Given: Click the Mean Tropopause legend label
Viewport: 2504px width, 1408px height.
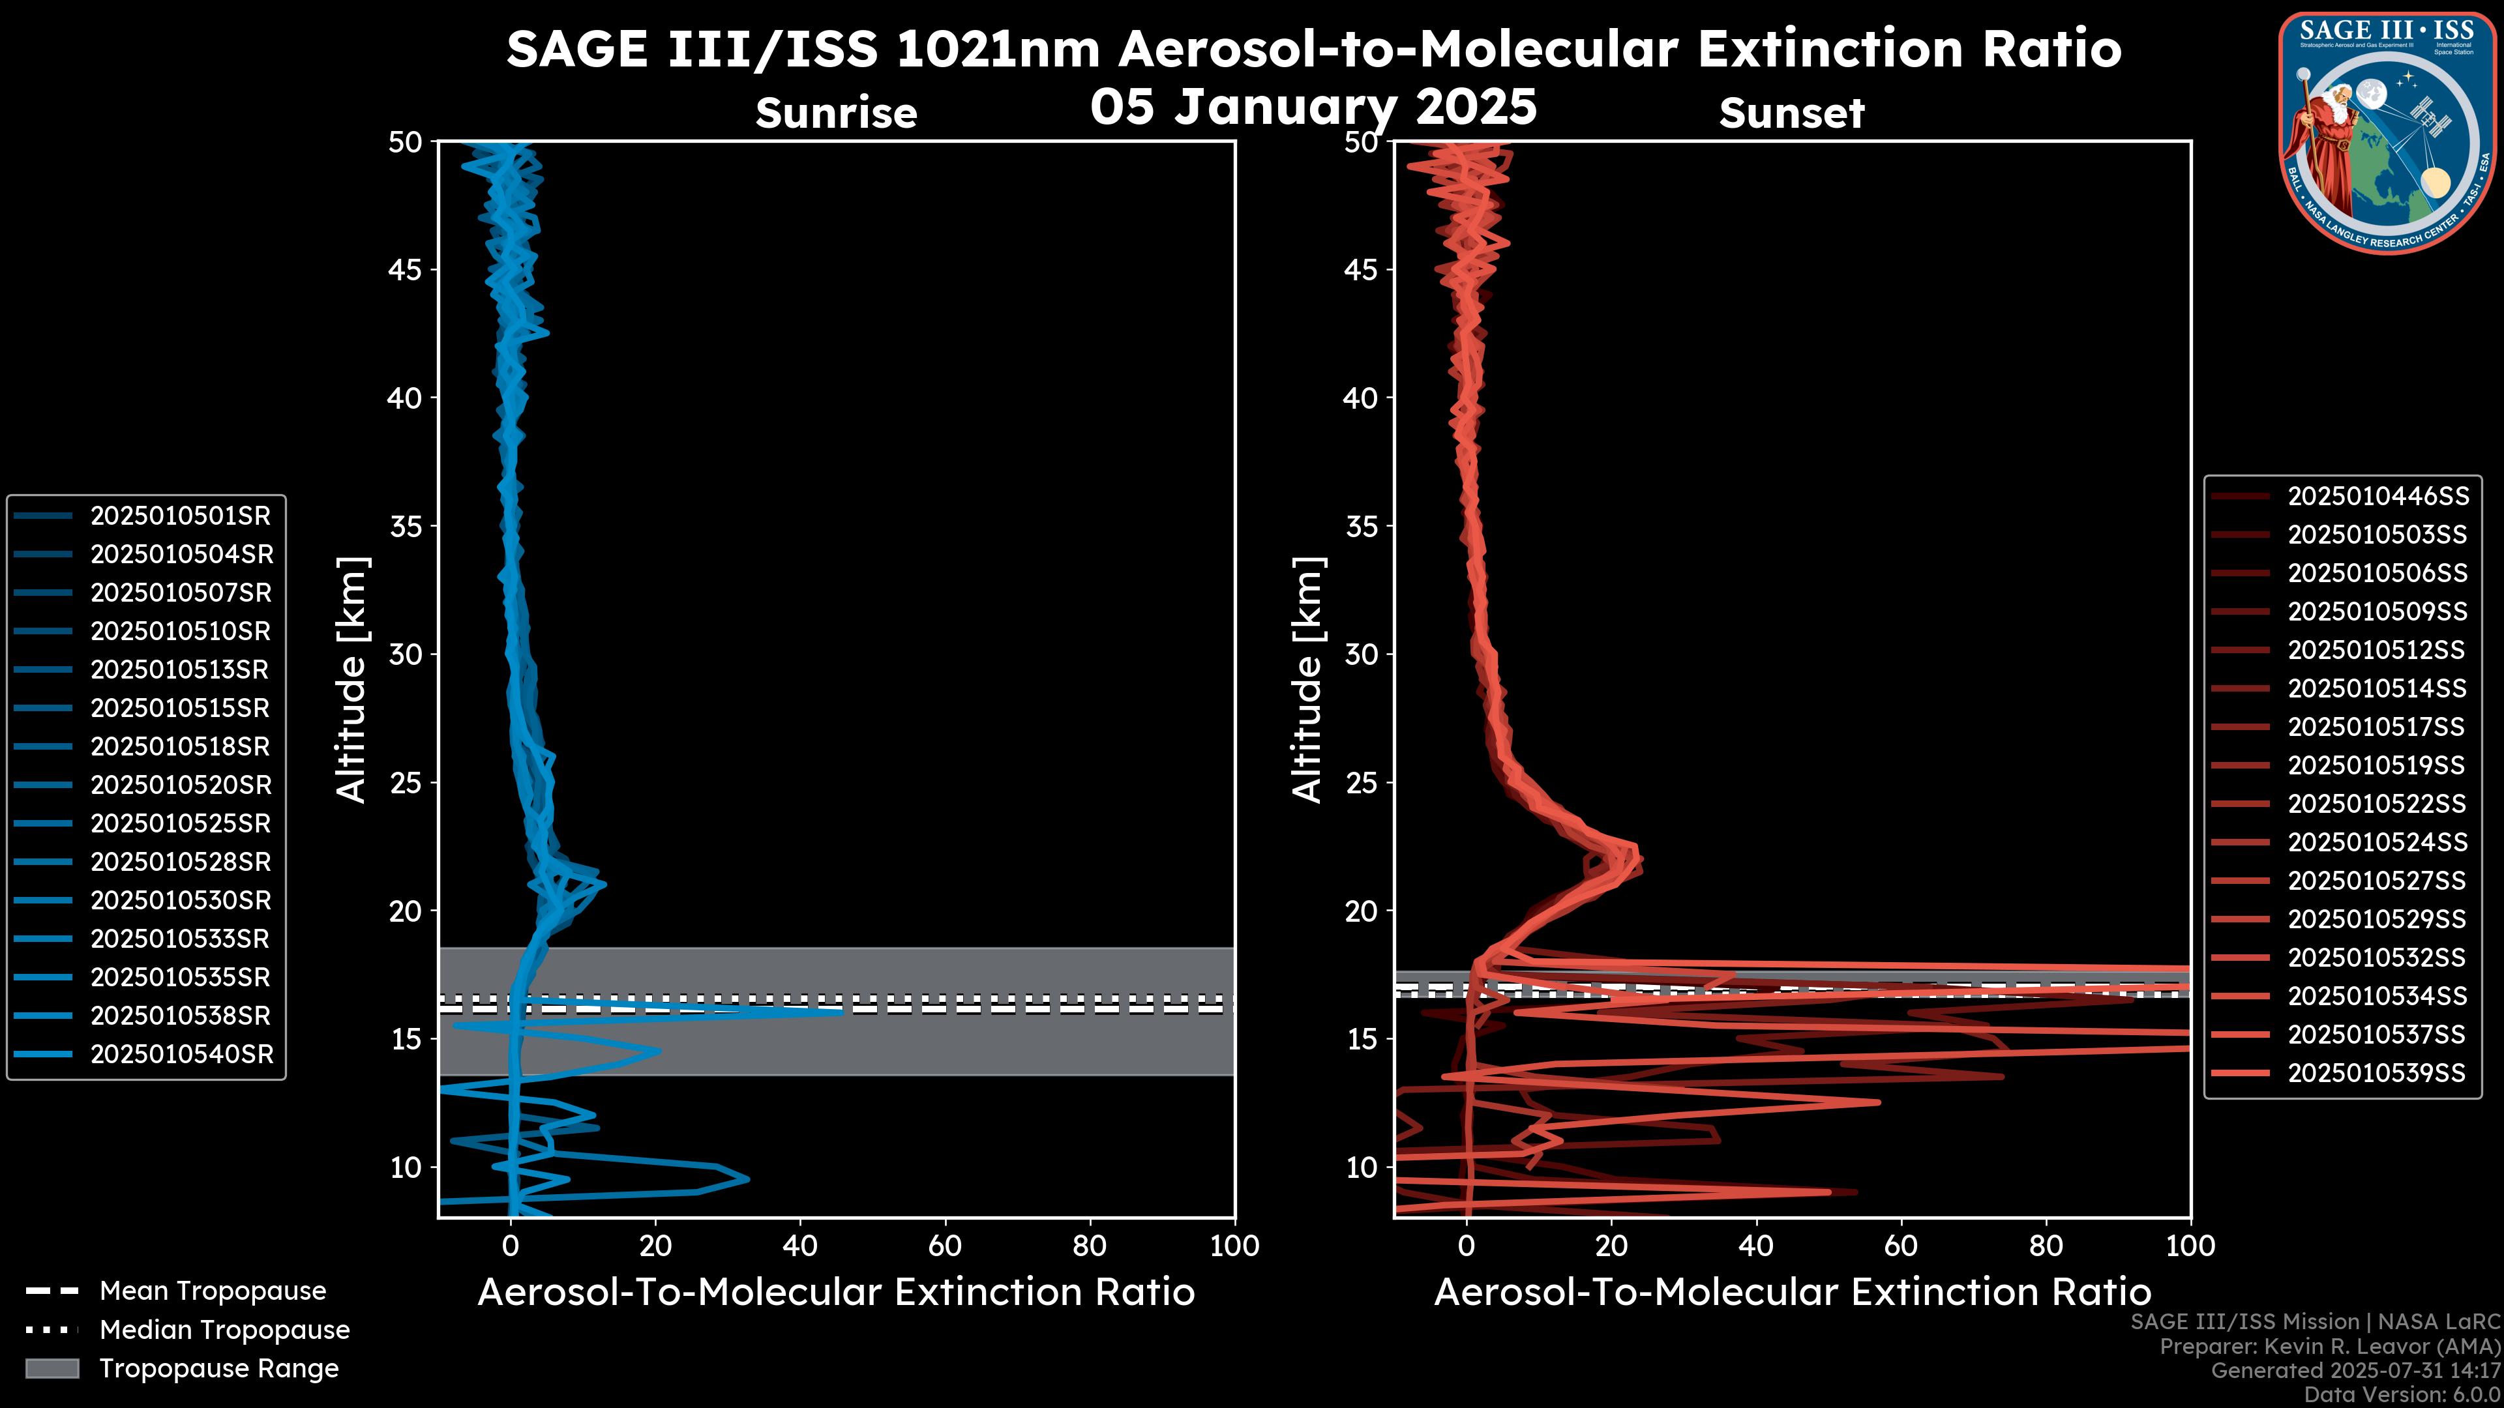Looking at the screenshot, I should pyautogui.click(x=213, y=1291).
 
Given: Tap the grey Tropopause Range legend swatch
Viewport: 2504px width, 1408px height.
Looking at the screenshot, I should pyautogui.click(x=52, y=1368).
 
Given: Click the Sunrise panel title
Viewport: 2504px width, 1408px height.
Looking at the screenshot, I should pyautogui.click(x=836, y=113).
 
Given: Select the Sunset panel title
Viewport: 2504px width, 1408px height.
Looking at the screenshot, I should pyautogui.click(x=1791, y=113).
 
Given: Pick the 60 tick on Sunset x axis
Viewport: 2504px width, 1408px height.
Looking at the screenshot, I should pyautogui.click(x=1900, y=1246).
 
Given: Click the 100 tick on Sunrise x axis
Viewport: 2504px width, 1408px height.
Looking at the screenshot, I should pyautogui.click(x=1234, y=1246).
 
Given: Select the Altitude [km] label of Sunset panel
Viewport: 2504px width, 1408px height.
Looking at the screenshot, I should pyautogui.click(x=1307, y=679).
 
